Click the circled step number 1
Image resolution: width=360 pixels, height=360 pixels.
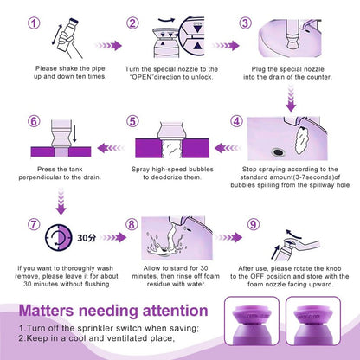(x=34, y=23)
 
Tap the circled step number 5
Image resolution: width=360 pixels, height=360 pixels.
(x=132, y=121)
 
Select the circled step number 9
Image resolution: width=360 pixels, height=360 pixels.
(x=253, y=224)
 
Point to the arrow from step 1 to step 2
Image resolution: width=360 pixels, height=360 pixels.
(x=108, y=46)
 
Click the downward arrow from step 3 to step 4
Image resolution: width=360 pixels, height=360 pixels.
(x=291, y=100)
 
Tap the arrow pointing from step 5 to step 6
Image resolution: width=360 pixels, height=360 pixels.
(x=111, y=148)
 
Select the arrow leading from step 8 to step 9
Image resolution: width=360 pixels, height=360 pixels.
(x=228, y=237)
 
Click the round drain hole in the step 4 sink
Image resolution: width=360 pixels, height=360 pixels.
(x=278, y=151)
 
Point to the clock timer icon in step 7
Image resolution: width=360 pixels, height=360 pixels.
(x=59, y=237)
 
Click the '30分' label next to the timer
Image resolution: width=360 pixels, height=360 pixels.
(x=87, y=238)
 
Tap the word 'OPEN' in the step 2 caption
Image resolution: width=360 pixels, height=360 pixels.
(x=142, y=77)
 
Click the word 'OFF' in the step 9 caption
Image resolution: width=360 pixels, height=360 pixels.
(x=257, y=276)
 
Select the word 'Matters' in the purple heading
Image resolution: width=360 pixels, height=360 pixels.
(x=47, y=311)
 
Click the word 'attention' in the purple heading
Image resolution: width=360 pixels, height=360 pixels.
(x=176, y=311)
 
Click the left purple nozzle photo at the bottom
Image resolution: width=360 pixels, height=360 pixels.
(x=252, y=321)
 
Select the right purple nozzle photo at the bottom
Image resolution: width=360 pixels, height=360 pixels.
(x=313, y=321)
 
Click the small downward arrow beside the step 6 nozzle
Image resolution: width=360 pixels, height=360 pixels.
(x=74, y=132)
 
